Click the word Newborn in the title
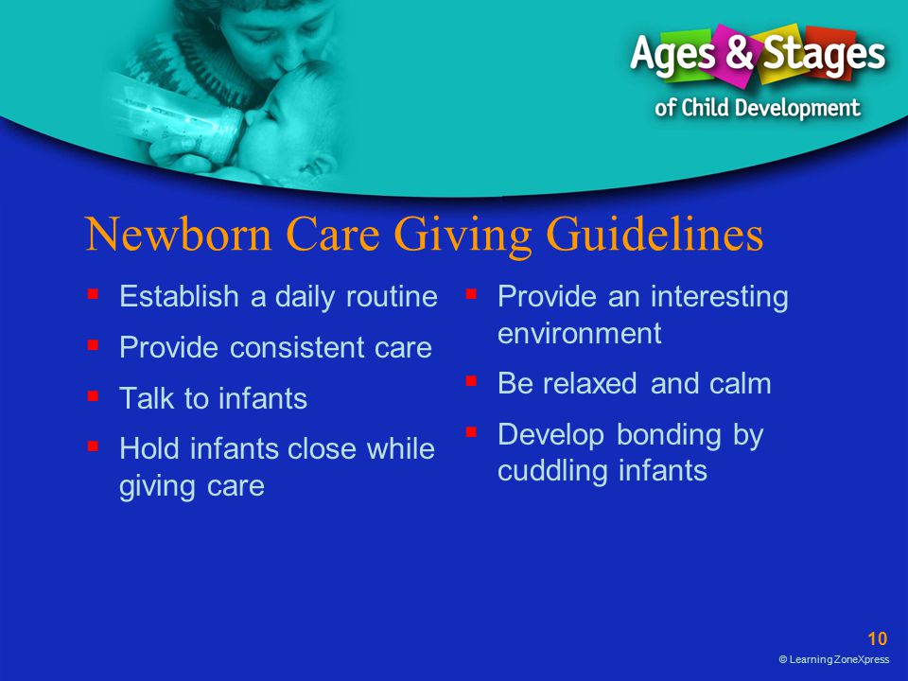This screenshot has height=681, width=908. (179, 234)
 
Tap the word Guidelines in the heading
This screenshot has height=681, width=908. (655, 236)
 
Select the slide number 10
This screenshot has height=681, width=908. (878, 638)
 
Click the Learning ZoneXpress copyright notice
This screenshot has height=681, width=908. (834, 659)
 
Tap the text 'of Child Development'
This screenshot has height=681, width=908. (758, 108)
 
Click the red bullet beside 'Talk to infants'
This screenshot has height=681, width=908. (93, 396)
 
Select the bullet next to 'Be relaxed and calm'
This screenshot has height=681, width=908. (471, 381)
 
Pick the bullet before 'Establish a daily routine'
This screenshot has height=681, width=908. (93, 294)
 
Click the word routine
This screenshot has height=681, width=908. (392, 296)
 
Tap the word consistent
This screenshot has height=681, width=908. (298, 347)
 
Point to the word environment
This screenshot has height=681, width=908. (579, 334)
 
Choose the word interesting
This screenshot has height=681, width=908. (719, 298)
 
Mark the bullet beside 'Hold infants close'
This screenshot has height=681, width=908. (93, 445)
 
